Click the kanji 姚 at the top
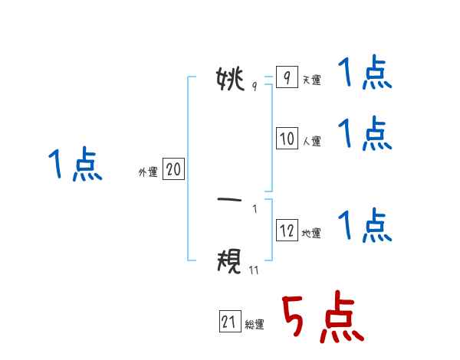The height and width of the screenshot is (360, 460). (231, 78)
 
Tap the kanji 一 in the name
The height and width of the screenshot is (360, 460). (231, 200)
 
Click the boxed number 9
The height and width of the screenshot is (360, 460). (286, 77)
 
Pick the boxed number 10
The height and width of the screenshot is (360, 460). (287, 139)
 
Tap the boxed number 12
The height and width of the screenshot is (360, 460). (287, 231)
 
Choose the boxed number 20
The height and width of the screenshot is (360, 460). (173, 170)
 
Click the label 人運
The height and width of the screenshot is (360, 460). (311, 142)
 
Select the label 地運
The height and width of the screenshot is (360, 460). (311, 234)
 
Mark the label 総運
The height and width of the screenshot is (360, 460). (255, 326)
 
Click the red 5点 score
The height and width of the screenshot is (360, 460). (321, 319)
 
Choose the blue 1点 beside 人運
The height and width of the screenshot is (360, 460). (365, 134)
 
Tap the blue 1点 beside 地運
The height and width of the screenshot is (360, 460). (365, 226)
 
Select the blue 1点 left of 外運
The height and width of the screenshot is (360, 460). (75, 165)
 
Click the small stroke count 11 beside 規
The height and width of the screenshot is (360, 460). (254, 270)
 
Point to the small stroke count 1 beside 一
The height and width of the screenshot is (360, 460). (255, 208)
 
